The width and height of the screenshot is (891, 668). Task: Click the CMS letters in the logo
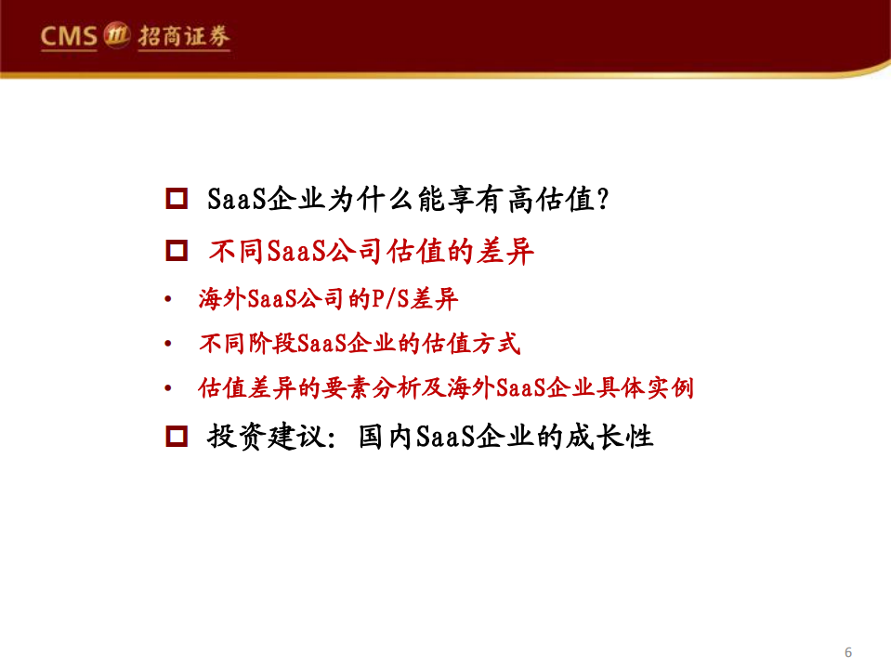click(70, 37)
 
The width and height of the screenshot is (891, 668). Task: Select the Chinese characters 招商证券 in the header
click(183, 37)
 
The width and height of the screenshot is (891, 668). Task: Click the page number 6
click(848, 650)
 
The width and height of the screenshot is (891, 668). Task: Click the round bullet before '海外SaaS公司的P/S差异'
click(167, 300)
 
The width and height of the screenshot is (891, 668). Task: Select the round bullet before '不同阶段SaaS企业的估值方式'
click(167, 345)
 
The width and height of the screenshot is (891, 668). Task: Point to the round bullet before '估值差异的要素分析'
click(167, 388)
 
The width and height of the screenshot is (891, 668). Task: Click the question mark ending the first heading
click(602, 198)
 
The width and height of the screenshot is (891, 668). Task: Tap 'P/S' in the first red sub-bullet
click(390, 299)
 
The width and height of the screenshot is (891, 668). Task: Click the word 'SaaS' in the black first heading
click(236, 198)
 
